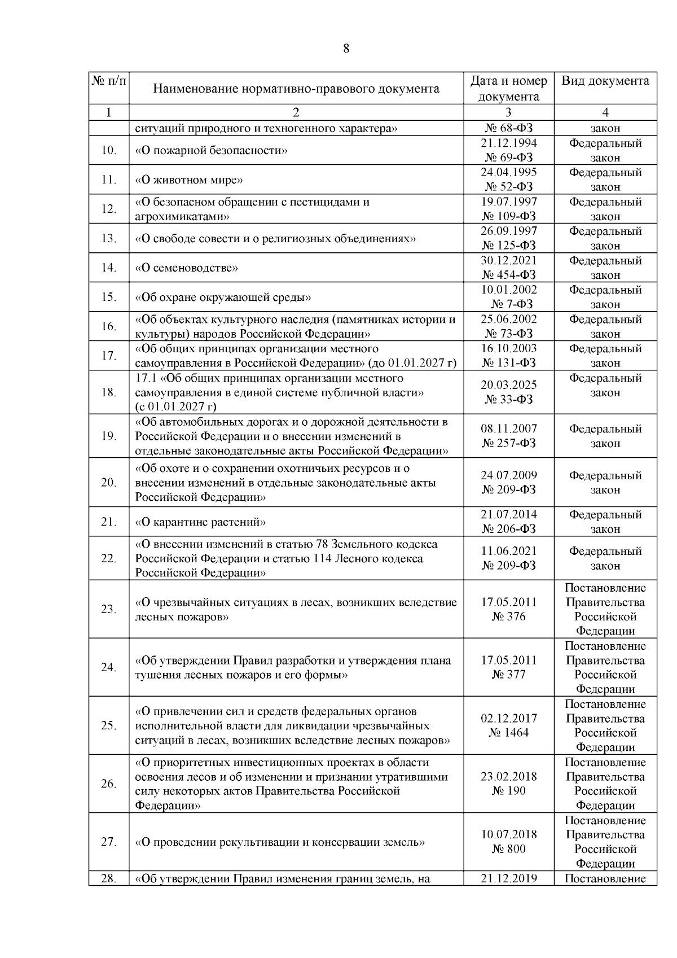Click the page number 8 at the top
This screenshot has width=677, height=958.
coord(346,49)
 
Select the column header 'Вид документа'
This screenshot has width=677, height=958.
coord(605,81)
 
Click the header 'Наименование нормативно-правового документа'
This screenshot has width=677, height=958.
coord(296,89)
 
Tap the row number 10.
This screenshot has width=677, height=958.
coord(108,150)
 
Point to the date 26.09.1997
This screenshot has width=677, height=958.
coord(508,231)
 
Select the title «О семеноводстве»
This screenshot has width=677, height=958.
coord(187,268)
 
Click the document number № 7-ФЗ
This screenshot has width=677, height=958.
coord(508,304)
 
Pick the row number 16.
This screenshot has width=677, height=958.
coord(108,326)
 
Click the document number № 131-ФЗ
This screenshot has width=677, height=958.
coord(508,363)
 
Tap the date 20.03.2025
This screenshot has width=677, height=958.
coord(508,385)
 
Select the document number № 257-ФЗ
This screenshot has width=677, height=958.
coord(508,443)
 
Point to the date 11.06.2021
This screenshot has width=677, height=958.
coord(508,551)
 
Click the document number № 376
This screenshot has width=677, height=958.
coord(508,616)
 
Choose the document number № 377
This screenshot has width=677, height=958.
coord(508,675)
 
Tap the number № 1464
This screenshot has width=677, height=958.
coord(508,733)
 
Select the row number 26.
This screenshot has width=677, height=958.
coord(108,784)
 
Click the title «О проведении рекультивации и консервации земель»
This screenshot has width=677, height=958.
coord(280,842)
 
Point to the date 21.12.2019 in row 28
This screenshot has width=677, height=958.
coord(508,878)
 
